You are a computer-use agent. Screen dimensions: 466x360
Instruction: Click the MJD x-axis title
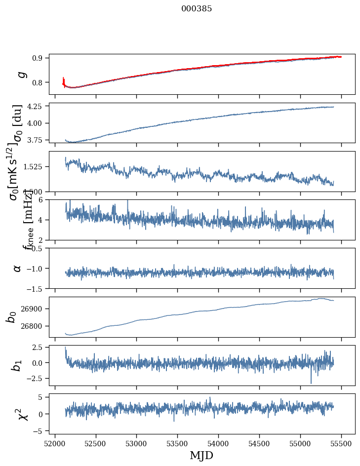[201, 455]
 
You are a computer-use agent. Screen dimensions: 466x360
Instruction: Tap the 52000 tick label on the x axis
[55, 442]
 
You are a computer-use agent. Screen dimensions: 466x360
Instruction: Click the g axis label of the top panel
[21, 74]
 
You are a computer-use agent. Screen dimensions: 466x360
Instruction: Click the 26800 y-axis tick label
[33, 326]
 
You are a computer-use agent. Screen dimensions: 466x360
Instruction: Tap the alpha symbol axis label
[18, 268]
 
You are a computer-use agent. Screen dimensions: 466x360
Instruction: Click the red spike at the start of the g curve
[64, 79]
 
